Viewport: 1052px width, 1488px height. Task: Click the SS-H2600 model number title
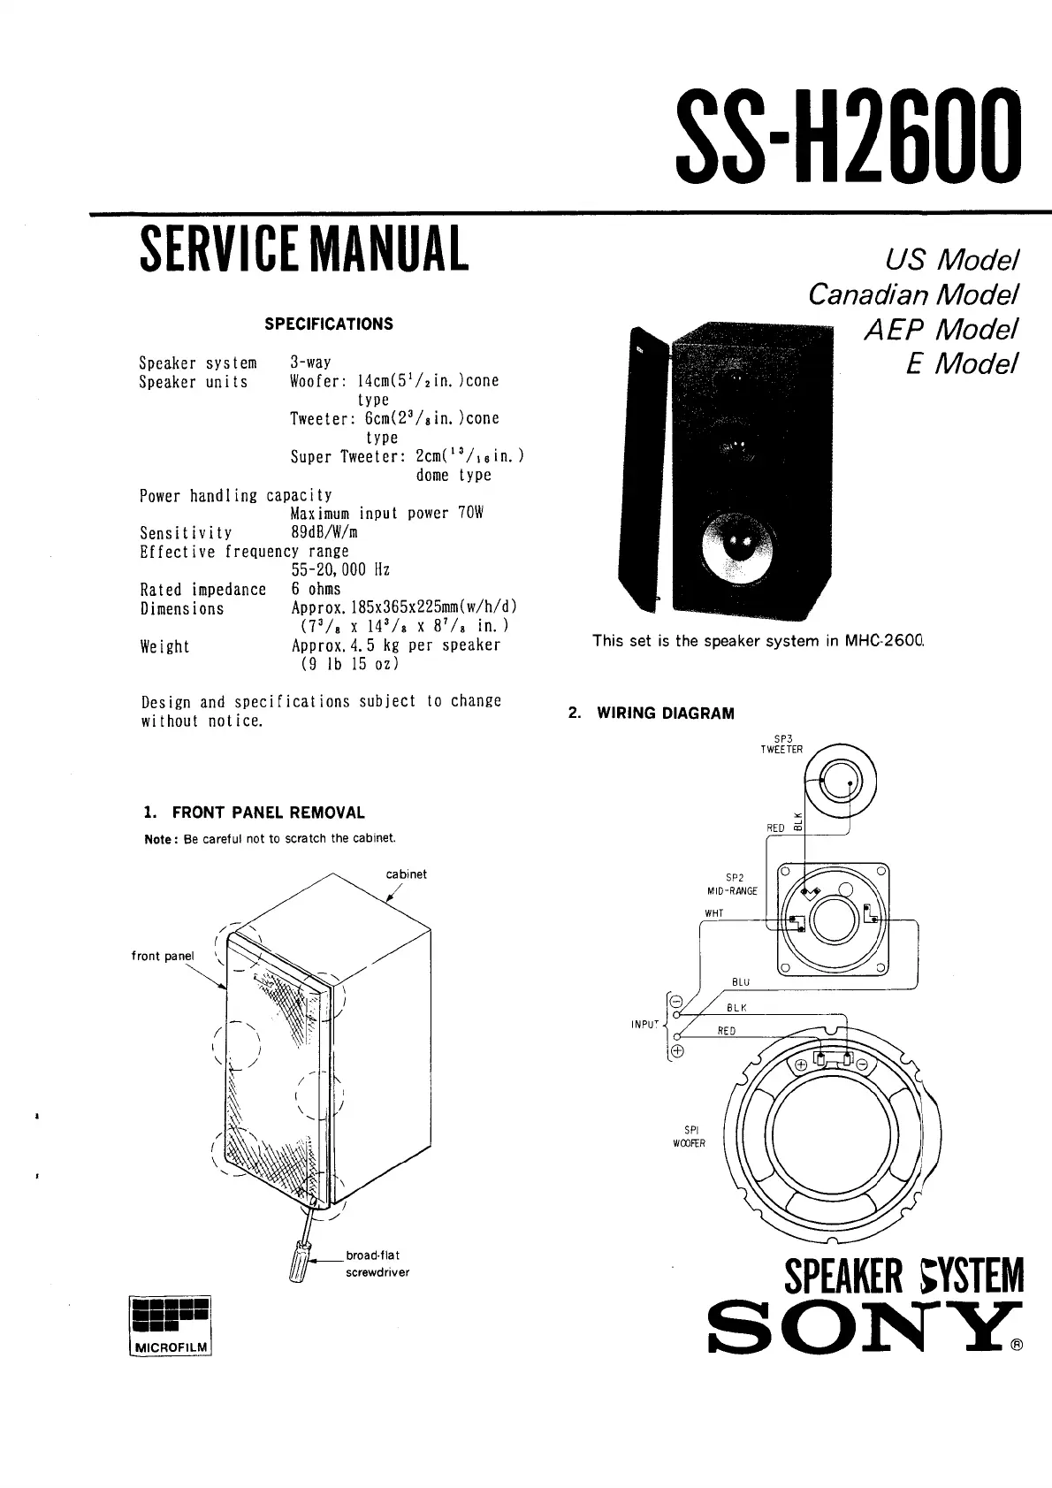click(846, 134)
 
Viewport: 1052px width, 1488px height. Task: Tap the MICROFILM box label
click(172, 1347)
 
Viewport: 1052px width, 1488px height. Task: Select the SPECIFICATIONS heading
click(329, 324)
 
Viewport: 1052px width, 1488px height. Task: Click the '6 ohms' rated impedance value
click(316, 589)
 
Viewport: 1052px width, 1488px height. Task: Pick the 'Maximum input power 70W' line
click(387, 514)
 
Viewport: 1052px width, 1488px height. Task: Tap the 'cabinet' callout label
click(406, 874)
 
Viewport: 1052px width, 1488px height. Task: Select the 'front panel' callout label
click(163, 956)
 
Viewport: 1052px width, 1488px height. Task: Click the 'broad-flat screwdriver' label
click(377, 1263)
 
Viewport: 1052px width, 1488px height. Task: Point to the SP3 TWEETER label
click(781, 744)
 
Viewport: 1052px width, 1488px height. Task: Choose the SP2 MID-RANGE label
click(733, 884)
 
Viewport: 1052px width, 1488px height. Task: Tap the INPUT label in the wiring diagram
click(644, 1024)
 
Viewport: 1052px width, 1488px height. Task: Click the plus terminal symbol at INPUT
click(678, 1051)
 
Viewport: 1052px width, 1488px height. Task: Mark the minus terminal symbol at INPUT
click(677, 1002)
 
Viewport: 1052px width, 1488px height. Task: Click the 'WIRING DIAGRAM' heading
click(665, 713)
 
